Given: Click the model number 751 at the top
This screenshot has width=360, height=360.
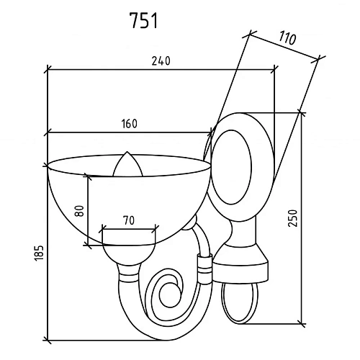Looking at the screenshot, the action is [143, 20].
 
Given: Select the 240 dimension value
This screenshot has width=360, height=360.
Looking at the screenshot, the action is [161, 61].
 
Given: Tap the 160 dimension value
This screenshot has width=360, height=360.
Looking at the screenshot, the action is [130, 124].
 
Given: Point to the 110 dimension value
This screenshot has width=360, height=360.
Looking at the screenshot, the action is [287, 38].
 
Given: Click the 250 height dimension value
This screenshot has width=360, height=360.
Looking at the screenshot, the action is [293, 218].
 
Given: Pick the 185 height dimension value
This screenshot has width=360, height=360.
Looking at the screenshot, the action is [39, 253].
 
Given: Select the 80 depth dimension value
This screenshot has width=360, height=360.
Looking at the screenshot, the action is [79, 211].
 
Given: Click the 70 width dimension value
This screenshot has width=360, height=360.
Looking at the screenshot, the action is [129, 220].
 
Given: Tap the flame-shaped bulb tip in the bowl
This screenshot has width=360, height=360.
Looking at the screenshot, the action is [127, 164].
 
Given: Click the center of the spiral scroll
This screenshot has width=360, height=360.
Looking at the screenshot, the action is [168, 293].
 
